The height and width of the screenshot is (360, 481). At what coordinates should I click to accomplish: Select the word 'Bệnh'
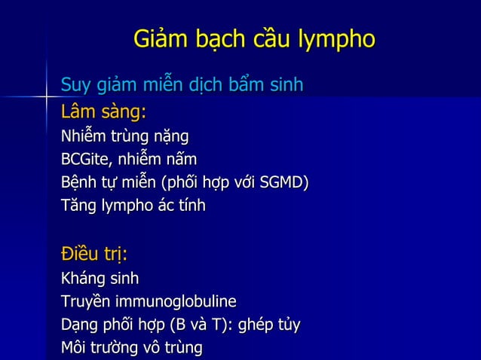79,183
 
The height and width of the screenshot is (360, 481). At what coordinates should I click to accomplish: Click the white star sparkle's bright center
47,96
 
